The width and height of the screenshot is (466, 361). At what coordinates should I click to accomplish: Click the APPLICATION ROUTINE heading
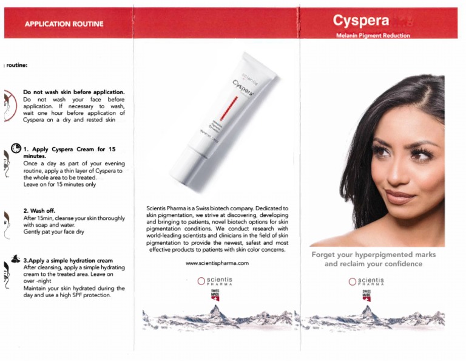(x=64, y=24)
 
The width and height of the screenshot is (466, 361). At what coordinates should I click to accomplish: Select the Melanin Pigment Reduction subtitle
(x=373, y=36)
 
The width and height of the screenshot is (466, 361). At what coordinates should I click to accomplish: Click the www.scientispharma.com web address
(x=217, y=263)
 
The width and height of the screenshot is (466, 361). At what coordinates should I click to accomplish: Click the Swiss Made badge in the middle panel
(x=215, y=295)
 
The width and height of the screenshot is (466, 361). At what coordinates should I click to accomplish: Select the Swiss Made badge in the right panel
(x=366, y=295)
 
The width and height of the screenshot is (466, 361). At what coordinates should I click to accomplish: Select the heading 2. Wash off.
(x=39, y=211)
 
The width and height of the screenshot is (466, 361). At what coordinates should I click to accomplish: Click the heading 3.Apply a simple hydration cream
(x=68, y=260)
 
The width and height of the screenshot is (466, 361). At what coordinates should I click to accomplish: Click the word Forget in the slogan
(x=328, y=254)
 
